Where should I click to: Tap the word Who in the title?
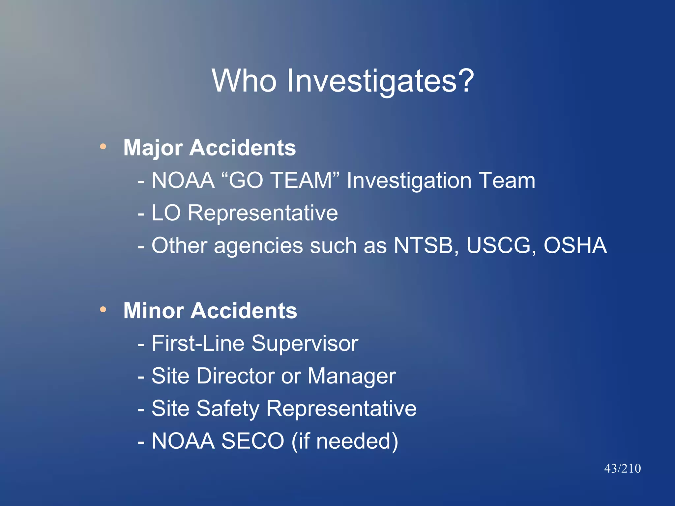[244, 80]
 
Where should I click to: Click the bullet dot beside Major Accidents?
[103, 146]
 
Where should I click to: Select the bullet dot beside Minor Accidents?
[103, 309]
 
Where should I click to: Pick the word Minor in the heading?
[154, 311]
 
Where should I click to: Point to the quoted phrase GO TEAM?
[280, 180]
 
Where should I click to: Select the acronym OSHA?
[575, 245]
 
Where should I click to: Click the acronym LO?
[166, 213]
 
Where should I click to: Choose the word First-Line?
[198, 343]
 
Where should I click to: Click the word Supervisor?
[305, 343]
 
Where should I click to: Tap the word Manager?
[351, 376]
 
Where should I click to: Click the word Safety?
[228, 408]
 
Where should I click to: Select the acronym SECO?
[252, 441]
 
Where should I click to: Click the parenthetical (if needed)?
[345, 441]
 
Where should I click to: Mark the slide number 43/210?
[622, 468]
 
